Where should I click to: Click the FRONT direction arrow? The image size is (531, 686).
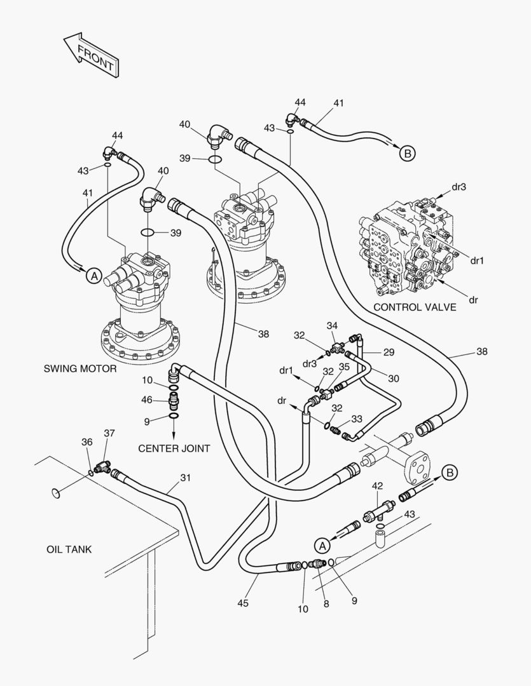coord(91,57)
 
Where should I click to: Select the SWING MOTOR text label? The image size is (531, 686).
coord(80,368)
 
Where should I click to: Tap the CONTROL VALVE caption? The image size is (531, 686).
coord(415,307)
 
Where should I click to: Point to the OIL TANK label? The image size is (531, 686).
coord(69,549)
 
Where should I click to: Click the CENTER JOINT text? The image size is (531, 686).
coord(174,448)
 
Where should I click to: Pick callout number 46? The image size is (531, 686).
coord(147,400)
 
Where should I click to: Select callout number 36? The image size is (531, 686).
coord(86,442)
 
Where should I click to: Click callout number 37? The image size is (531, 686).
coord(109,433)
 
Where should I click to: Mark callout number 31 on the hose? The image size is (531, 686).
coord(185,478)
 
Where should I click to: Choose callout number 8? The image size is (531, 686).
coord(326,604)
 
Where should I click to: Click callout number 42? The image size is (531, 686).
coord(377,486)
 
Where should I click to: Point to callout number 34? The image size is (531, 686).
coord(332,326)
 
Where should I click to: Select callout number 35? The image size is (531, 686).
coord(344,367)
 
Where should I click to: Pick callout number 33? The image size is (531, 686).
coord(357,419)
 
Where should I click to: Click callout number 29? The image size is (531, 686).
coord(389,351)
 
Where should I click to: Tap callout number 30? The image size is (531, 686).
coord(394,378)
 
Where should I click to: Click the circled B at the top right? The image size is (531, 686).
coord(407,152)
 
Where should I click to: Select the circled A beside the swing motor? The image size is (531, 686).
coord(93,276)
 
